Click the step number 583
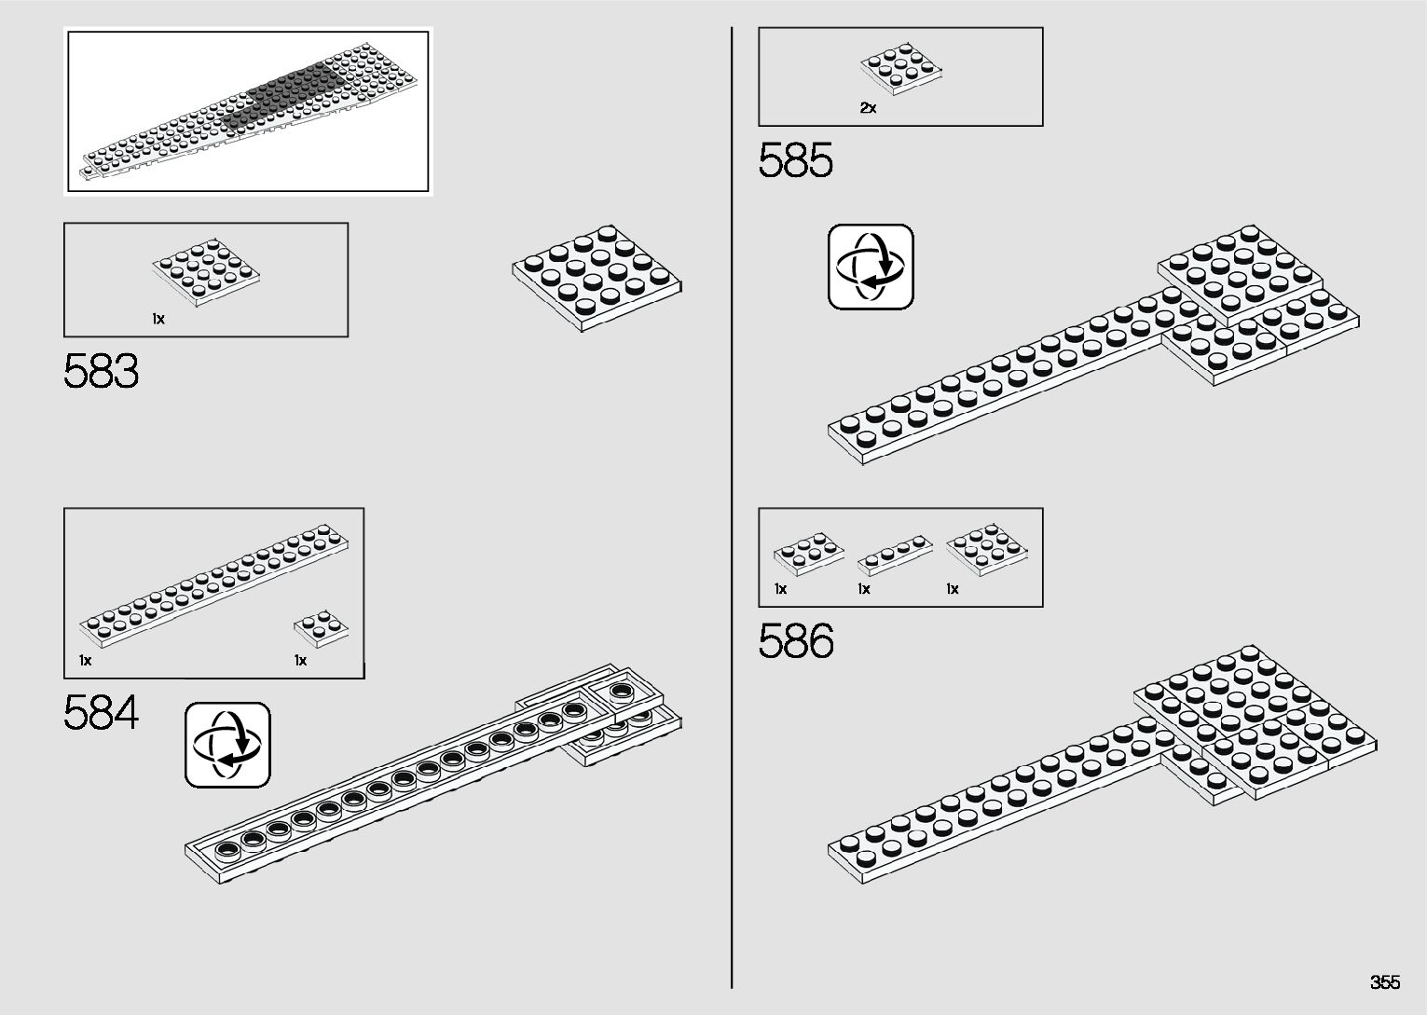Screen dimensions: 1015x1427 pos(102,372)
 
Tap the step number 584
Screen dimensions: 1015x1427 pos(102,714)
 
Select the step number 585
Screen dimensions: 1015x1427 pos(795,161)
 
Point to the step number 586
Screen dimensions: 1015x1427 pos(795,641)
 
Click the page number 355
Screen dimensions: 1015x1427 pos(1385,982)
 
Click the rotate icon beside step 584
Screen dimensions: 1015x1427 pos(227,745)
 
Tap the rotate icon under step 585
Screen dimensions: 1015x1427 pos(871,267)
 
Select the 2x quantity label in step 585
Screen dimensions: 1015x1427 pos(868,108)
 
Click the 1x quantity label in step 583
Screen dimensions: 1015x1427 pos(158,319)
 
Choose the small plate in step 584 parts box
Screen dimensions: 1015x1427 pos(322,628)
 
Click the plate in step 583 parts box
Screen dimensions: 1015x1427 pos(206,274)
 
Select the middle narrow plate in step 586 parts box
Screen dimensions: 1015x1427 pos(894,555)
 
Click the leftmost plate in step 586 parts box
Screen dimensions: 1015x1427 pos(809,555)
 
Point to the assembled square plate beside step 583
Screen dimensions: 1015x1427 pos(597,275)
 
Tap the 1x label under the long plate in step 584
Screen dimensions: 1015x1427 pos(86,661)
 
